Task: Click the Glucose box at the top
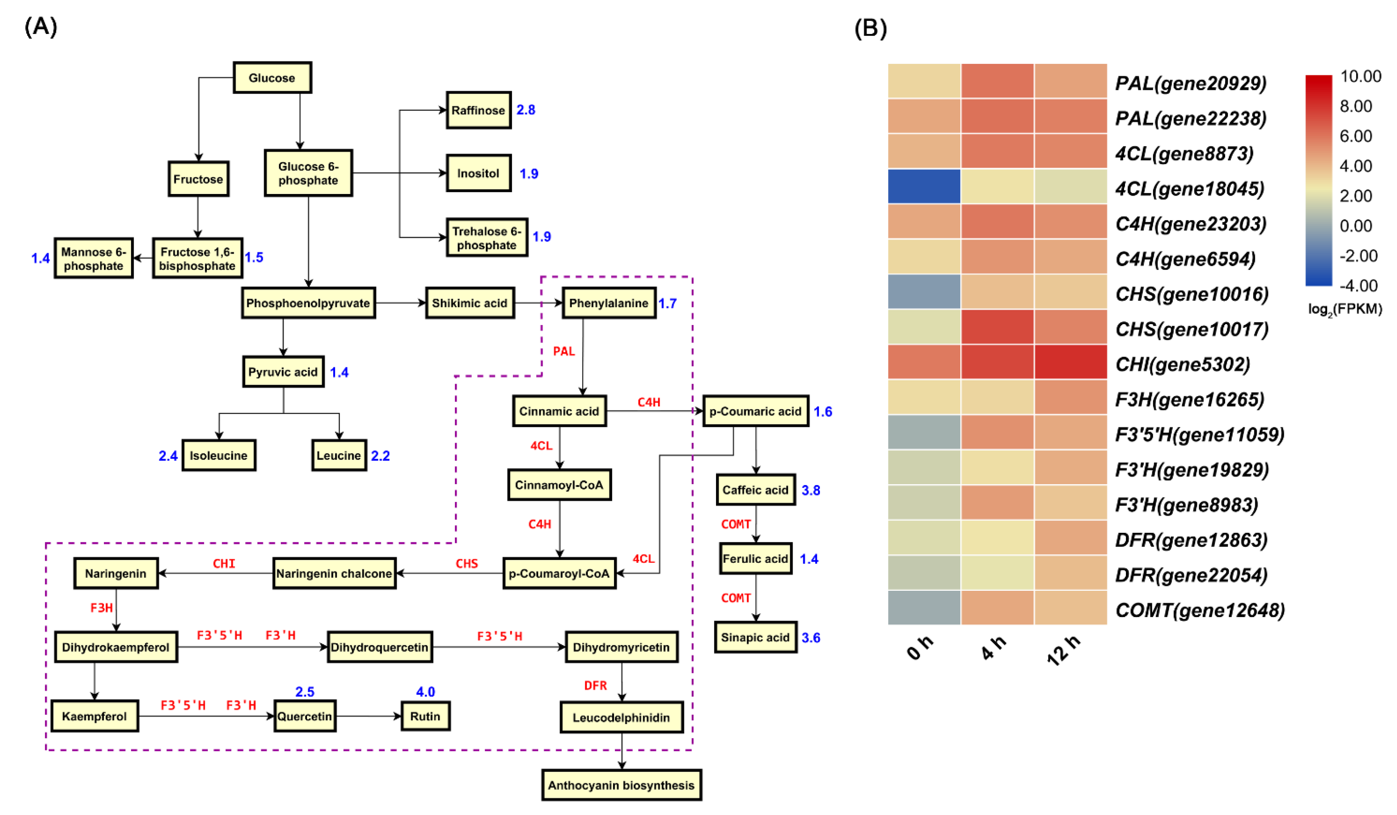(x=272, y=78)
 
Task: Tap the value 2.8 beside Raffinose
(x=526, y=110)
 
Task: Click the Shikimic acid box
(x=470, y=303)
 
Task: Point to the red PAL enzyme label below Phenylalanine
(x=564, y=351)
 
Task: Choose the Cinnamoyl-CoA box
(x=559, y=485)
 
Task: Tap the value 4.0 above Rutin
(x=425, y=692)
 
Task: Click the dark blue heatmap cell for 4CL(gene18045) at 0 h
(x=924, y=186)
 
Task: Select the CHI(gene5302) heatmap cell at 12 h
(x=1070, y=362)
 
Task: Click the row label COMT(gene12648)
(x=1199, y=610)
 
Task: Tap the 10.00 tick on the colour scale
(x=1360, y=77)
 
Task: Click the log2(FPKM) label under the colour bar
(x=1344, y=309)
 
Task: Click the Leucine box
(x=339, y=456)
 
